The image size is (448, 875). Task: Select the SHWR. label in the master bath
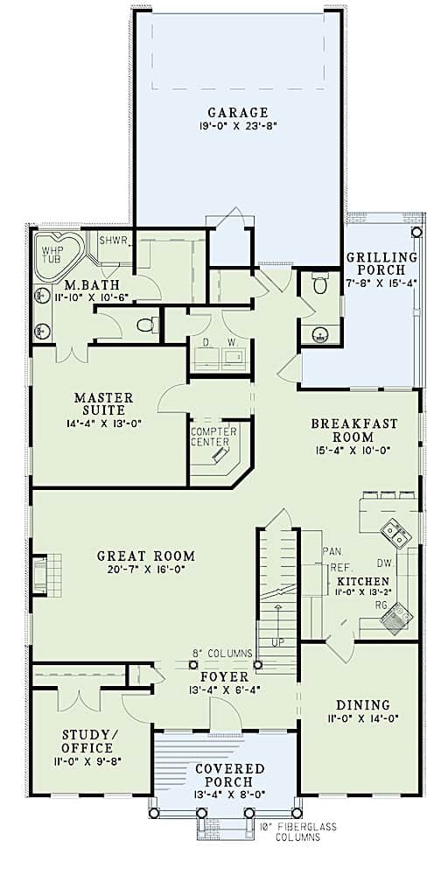click(115, 240)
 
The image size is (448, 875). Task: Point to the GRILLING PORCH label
click(381, 263)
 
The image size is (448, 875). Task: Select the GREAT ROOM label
click(145, 556)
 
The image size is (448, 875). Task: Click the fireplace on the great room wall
click(40, 575)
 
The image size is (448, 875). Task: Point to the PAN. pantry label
click(331, 551)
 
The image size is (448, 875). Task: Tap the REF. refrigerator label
click(340, 568)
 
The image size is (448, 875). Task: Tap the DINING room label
click(361, 704)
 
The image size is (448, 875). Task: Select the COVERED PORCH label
click(225, 774)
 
